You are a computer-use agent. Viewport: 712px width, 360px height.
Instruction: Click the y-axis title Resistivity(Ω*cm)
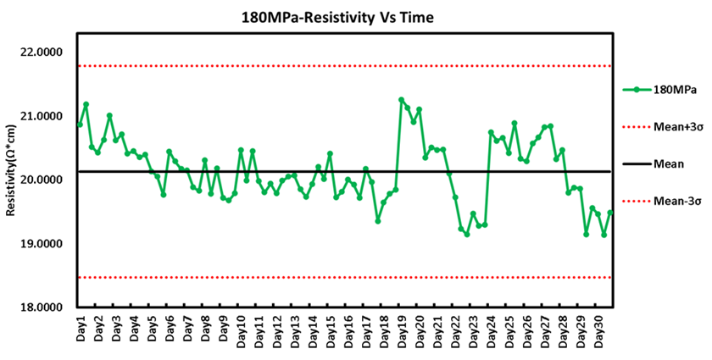click(11, 169)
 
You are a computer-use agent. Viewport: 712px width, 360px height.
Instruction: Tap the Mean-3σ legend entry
click(679, 201)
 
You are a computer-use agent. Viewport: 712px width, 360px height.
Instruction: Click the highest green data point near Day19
click(401, 100)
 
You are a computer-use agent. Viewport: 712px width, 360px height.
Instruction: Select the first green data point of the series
click(80, 125)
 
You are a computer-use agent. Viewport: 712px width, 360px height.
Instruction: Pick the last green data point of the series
click(609, 213)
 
